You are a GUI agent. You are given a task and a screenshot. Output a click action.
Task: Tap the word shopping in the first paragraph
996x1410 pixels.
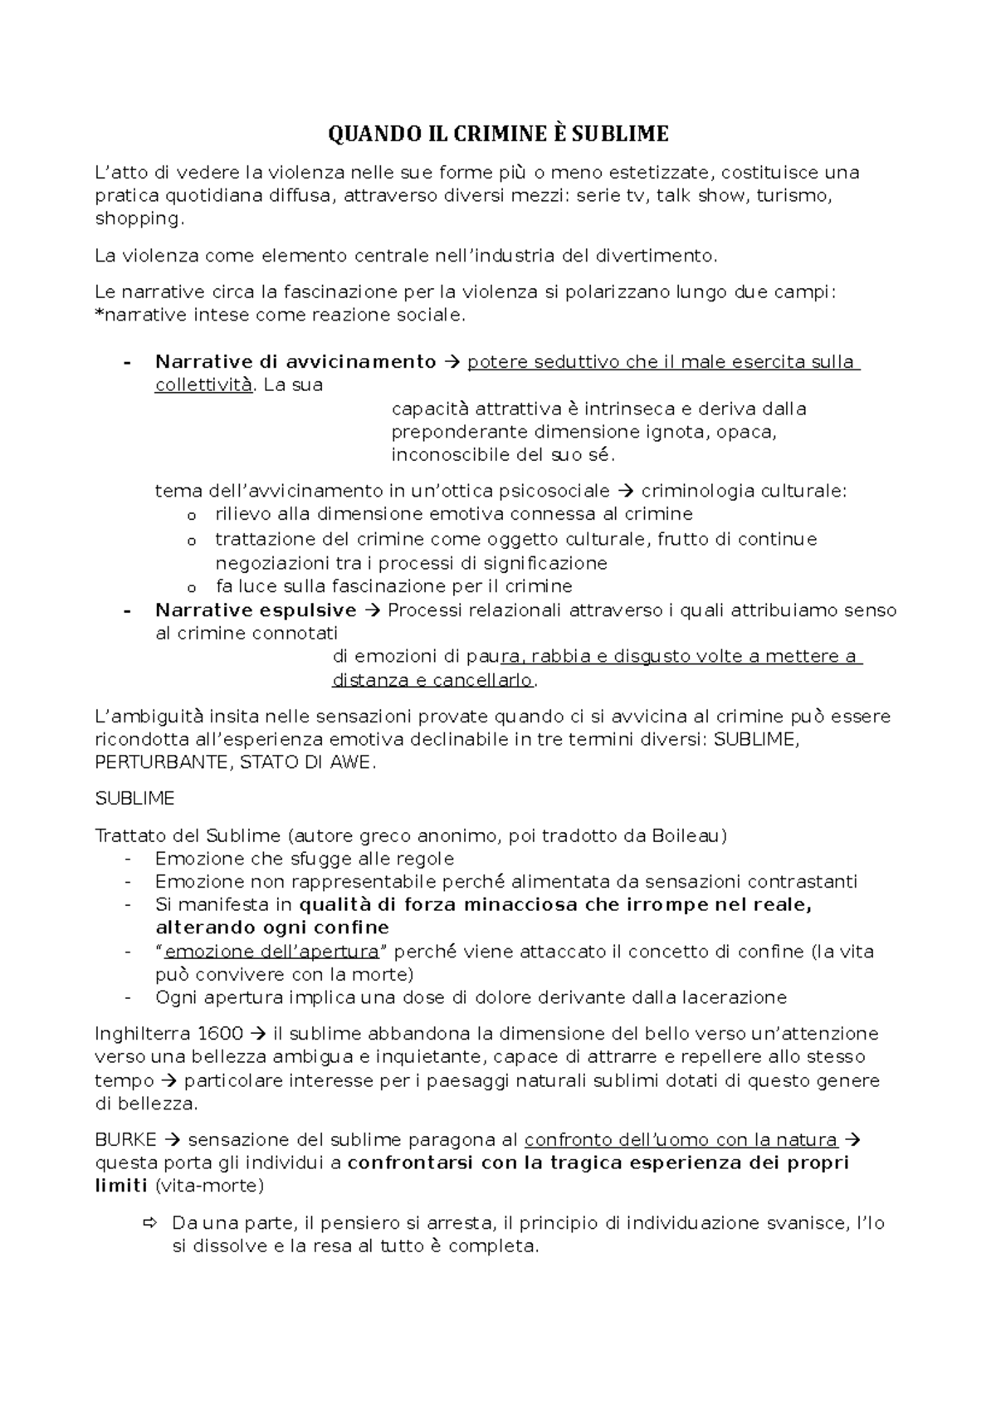coord(137,219)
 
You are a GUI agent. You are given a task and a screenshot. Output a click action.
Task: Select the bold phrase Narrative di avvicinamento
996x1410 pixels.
coord(295,362)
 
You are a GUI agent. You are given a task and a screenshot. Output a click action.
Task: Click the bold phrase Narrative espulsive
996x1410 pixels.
coord(256,610)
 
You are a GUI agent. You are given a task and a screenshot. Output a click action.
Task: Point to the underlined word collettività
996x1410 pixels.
coord(203,385)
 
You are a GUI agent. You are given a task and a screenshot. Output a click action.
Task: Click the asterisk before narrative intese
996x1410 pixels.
coord(99,314)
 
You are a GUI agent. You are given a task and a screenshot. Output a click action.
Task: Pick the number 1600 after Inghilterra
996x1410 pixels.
coord(221,1034)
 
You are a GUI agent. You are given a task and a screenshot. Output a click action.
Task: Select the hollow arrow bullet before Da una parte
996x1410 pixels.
coord(149,1223)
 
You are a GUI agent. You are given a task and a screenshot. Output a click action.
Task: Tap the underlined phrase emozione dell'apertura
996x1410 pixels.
coord(271,952)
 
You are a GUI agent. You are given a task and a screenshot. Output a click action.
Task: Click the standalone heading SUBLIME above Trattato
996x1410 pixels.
coord(135,799)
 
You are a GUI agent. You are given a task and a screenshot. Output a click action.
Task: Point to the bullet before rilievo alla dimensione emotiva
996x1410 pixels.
coord(192,516)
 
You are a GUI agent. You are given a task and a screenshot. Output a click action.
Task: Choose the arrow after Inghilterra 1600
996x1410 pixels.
coord(257,1034)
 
